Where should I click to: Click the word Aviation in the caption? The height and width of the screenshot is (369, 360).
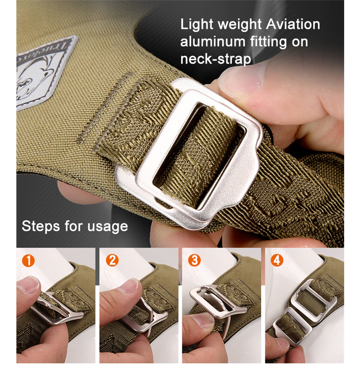pyautogui.click(x=293, y=24)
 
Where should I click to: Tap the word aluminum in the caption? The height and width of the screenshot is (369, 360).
pyautogui.click(x=212, y=42)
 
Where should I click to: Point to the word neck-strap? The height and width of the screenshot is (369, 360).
pyautogui.click(x=216, y=59)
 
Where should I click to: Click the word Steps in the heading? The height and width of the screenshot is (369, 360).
pyautogui.click(x=41, y=226)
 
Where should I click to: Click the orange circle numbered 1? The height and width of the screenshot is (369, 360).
pyautogui.click(x=28, y=261)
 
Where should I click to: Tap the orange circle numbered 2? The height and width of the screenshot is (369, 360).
pyautogui.click(x=112, y=260)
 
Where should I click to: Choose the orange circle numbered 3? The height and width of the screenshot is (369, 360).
pyautogui.click(x=194, y=260)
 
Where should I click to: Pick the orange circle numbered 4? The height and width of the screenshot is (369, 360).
pyautogui.click(x=277, y=260)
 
